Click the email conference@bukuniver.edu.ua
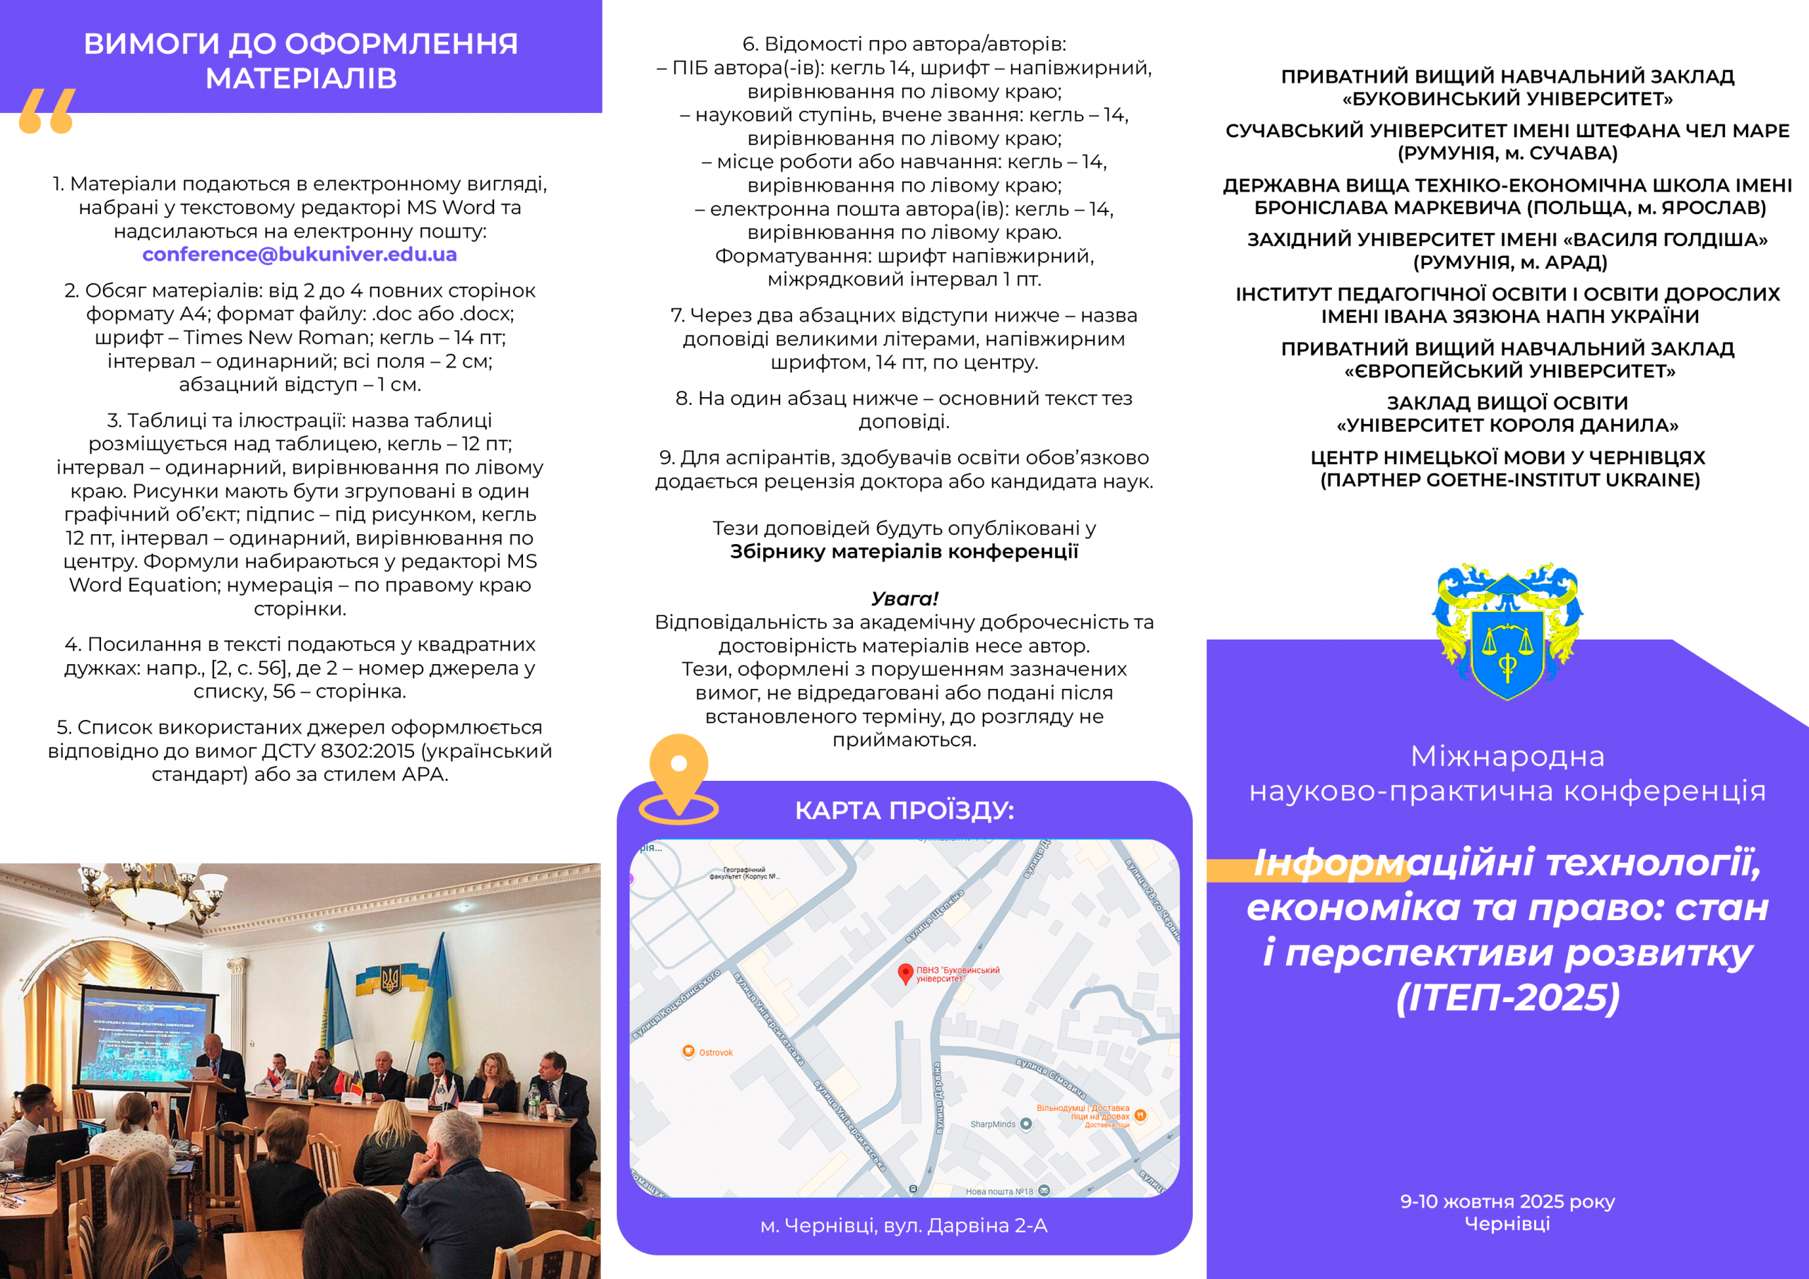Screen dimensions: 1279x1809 pos(300,254)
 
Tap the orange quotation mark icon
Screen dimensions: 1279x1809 pos(47,111)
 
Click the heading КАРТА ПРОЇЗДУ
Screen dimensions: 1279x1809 pos(904,810)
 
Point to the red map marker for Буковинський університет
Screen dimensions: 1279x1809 pos(905,973)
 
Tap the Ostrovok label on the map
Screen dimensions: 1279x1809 pos(715,1053)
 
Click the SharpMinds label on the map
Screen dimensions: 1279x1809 pos(993,1124)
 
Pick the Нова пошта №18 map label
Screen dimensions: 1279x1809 pos(999,1191)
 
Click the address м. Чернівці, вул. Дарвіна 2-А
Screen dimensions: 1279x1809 pos(904,1226)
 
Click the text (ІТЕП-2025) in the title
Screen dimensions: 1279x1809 pos(1507,998)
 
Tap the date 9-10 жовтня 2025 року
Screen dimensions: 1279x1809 pos(1507,1202)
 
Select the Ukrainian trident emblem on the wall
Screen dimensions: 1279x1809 pos(390,980)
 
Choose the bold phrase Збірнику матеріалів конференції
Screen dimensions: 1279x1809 pos(904,552)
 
